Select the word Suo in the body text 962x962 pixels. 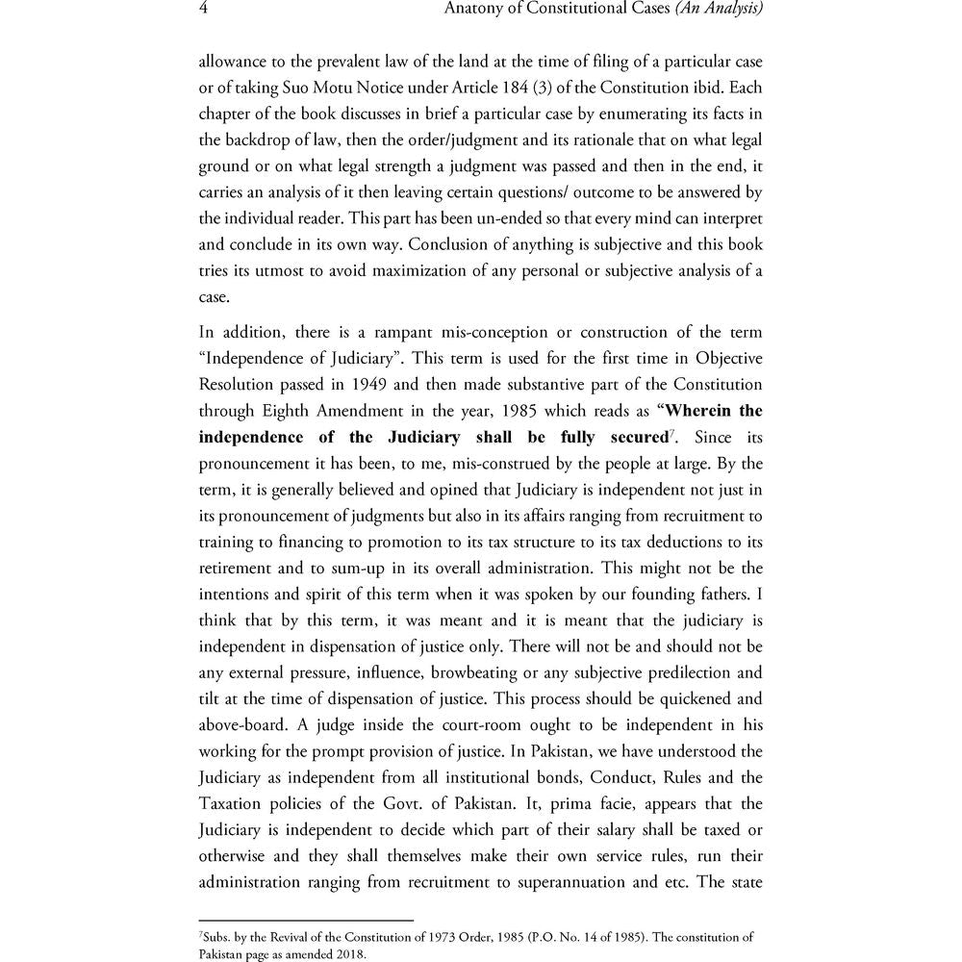pos(284,88)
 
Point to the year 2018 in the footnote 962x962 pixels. pos(350,955)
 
